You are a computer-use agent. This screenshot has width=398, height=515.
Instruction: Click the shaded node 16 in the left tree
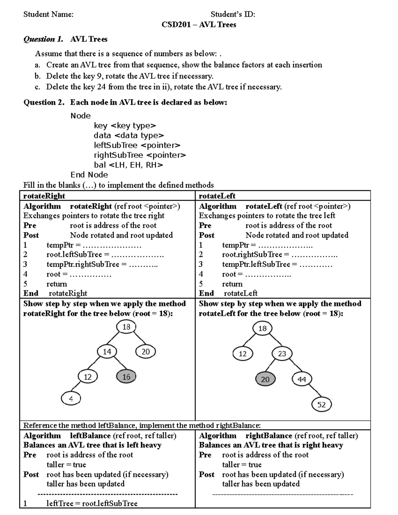tap(126, 377)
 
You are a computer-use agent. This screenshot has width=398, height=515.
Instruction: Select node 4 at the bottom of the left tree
tap(71, 398)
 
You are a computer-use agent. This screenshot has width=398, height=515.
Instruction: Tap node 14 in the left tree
tap(107, 352)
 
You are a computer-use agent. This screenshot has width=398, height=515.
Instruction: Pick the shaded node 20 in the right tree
tap(265, 379)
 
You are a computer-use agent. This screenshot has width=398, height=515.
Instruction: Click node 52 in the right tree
tap(321, 405)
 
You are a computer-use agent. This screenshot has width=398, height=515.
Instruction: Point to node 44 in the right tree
tap(301, 379)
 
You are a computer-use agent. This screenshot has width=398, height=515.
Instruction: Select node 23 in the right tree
tap(282, 354)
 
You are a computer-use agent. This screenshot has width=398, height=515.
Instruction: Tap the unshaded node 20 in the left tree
tap(146, 352)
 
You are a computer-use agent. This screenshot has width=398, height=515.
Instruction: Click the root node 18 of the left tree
tap(126, 327)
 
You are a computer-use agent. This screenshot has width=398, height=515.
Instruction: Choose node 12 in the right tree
tap(243, 354)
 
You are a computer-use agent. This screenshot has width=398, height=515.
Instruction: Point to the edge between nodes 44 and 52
tap(312, 392)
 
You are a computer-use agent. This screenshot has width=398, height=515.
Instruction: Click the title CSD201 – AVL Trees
tap(199, 25)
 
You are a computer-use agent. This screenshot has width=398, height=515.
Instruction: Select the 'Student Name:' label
tap(48, 14)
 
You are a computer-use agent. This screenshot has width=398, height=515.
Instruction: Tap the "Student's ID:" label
tap(233, 14)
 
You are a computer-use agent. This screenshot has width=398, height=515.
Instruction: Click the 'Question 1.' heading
tap(43, 39)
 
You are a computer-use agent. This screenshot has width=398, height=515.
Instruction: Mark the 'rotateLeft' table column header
tap(217, 196)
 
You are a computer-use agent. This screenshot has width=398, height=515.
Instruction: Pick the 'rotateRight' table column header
tap(44, 196)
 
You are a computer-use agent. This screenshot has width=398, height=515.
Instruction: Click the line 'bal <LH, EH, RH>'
tap(128, 165)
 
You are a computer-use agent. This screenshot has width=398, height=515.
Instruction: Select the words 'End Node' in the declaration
tap(89, 175)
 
